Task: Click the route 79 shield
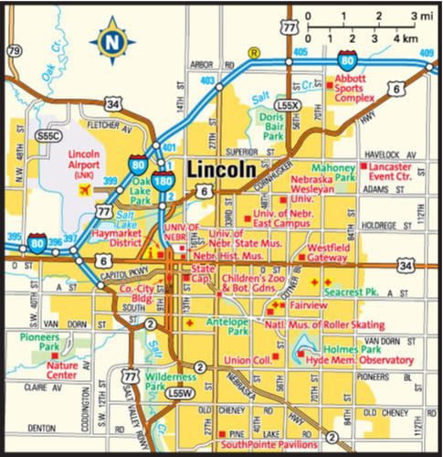pyautogui.click(x=13, y=50)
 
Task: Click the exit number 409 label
pyautogui.click(x=427, y=52)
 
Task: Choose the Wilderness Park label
pyautogui.click(x=173, y=381)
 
